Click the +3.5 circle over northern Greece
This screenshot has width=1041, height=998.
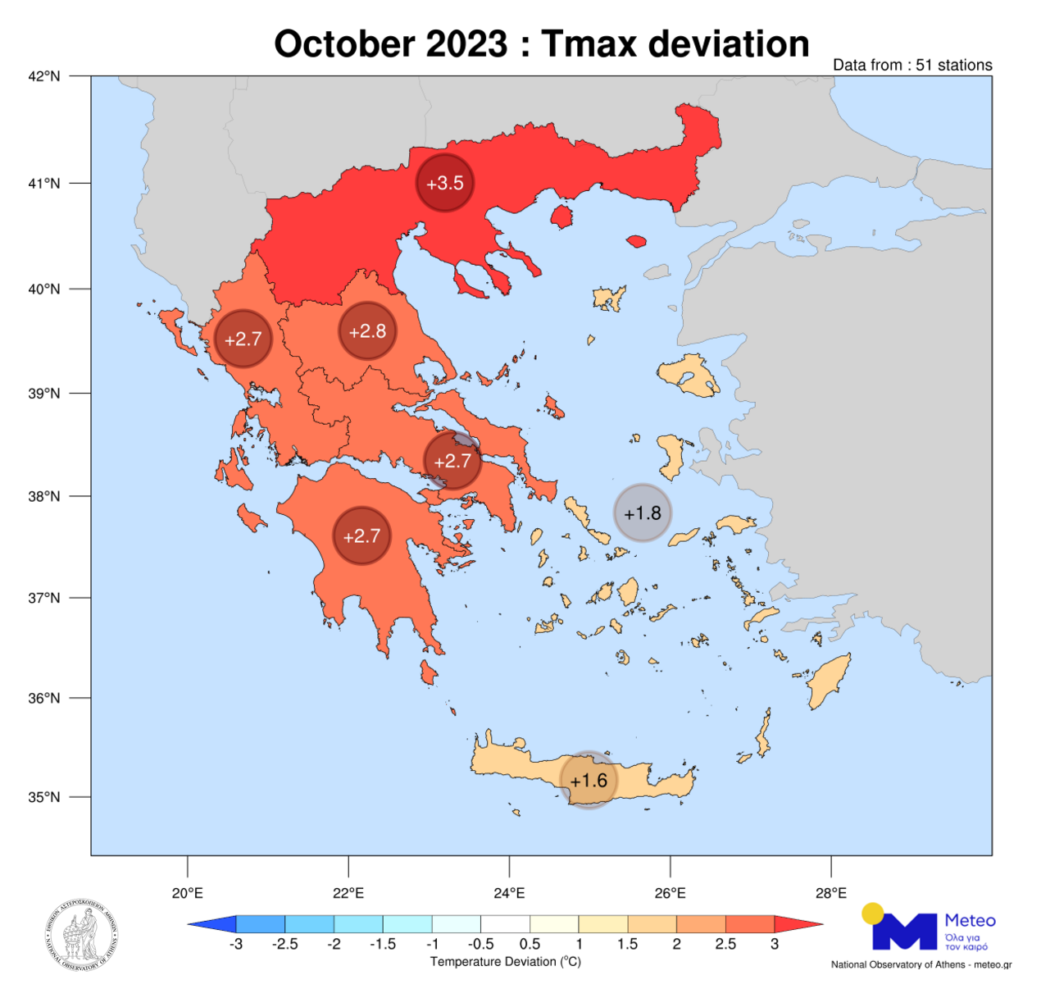(x=445, y=183)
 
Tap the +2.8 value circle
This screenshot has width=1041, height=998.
(x=367, y=331)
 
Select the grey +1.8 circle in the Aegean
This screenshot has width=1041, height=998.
(x=643, y=513)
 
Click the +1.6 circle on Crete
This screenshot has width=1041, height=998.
(x=589, y=780)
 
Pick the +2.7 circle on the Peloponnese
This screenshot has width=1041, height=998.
(x=361, y=536)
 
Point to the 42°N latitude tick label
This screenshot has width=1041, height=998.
(x=44, y=76)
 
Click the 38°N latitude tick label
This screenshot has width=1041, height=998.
(x=44, y=496)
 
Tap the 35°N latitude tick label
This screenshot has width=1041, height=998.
(x=44, y=797)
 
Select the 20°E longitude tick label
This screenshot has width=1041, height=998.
(x=188, y=893)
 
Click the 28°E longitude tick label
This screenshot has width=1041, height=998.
(x=831, y=893)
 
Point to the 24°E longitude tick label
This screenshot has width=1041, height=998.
(x=510, y=893)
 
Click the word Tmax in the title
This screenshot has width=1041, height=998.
(x=589, y=44)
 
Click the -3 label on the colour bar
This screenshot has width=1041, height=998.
(x=236, y=944)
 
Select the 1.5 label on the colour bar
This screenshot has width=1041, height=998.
(x=628, y=944)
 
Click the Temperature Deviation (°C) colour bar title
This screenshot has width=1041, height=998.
(x=506, y=962)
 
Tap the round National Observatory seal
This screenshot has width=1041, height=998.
(x=82, y=936)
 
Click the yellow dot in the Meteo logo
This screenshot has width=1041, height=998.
(x=873, y=913)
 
